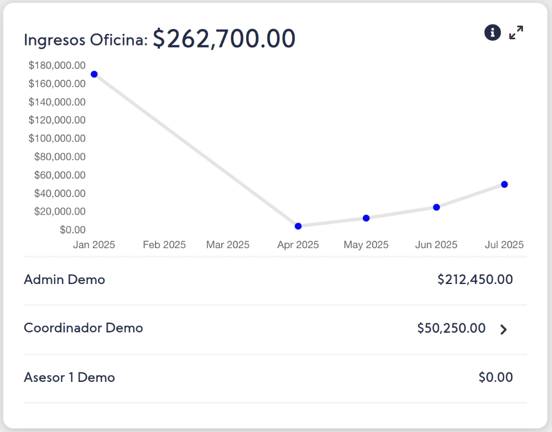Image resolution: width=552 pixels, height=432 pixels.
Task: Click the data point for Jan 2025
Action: (94, 74)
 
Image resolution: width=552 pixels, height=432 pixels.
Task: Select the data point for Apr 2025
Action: (298, 226)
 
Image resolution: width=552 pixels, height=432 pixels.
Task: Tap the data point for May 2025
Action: (366, 218)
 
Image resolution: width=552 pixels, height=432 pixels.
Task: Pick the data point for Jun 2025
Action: (436, 207)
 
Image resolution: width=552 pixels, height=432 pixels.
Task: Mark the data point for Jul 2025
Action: (505, 184)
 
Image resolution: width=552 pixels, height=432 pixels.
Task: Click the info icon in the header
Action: (492, 33)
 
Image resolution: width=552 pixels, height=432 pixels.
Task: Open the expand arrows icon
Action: (516, 33)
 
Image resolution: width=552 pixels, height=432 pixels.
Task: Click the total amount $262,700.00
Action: (224, 39)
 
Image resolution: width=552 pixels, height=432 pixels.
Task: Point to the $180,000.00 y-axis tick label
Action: (57, 65)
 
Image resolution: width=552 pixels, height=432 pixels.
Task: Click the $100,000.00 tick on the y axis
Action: (57, 138)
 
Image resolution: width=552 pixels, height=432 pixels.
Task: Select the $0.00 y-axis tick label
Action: (72, 229)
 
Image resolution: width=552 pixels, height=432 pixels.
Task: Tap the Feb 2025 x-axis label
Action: (164, 245)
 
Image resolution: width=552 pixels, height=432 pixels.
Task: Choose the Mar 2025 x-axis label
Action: (228, 245)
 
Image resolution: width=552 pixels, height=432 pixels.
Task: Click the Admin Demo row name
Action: (64, 279)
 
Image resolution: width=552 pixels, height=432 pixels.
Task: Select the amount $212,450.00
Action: (475, 279)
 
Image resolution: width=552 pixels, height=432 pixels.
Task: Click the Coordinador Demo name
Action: (83, 328)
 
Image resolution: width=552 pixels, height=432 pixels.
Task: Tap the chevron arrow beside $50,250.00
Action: (503, 330)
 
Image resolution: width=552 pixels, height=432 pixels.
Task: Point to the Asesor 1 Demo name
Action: (69, 377)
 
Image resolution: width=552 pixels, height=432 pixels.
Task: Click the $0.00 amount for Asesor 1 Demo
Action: (496, 377)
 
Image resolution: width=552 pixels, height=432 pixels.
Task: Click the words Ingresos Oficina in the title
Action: (85, 40)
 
